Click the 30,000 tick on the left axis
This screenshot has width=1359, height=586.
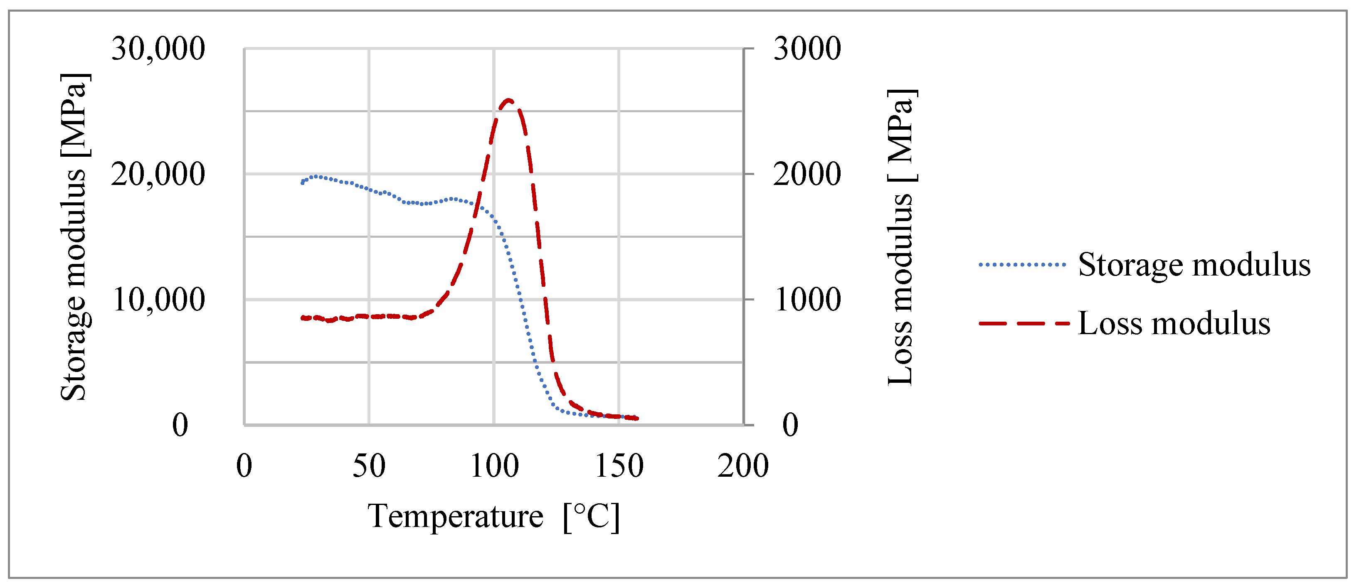tap(158, 49)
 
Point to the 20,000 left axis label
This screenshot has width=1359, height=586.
tap(158, 175)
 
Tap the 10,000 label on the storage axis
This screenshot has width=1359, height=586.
tap(158, 300)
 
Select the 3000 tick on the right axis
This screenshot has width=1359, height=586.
tap(807, 49)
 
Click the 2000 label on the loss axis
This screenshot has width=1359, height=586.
tap(807, 175)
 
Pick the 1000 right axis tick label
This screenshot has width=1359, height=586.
tap(807, 300)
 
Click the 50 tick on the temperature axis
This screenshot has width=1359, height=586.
tap(369, 466)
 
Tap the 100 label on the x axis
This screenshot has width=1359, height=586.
tap(494, 466)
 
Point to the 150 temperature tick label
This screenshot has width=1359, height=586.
tap(619, 466)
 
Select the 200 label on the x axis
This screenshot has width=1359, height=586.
tap(743, 466)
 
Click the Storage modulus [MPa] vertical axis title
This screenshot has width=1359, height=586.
tap(74, 237)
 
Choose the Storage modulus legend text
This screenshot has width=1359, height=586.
tap(1194, 264)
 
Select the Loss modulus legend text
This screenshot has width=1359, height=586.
tap(1174, 323)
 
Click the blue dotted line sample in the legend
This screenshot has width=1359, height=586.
tap(1022, 265)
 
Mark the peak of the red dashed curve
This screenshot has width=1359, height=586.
tap(508, 100)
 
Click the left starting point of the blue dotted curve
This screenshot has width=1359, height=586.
tap(302, 183)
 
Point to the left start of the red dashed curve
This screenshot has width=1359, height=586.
tap(302, 318)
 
